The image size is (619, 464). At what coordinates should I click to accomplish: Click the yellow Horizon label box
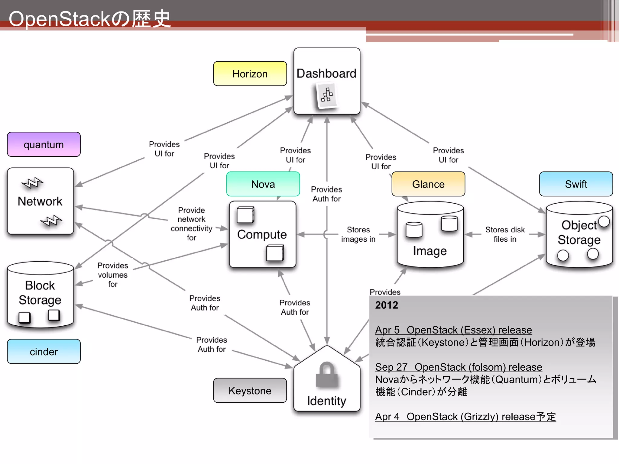pos(250,74)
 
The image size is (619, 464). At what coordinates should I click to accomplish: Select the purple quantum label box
pos(44,144)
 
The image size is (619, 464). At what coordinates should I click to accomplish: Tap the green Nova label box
pos(263,184)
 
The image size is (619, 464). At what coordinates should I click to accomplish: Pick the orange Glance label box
pos(428,184)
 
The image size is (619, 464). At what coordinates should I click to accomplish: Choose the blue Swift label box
pos(576,184)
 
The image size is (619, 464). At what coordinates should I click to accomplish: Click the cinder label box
pos(44,351)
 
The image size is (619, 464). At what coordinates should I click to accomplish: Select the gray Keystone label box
pos(250,390)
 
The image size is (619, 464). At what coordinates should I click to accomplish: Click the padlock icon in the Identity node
pos(326,375)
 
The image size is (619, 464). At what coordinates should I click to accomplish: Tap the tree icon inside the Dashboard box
pos(327,95)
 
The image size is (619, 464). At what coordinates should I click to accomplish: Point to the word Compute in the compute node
pos(262,234)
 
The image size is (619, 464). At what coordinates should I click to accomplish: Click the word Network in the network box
pos(40,201)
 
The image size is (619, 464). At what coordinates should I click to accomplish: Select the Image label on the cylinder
pos(429,251)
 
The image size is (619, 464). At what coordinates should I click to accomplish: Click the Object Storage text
pos(579,232)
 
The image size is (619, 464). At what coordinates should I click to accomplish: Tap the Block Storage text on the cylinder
pos(40,292)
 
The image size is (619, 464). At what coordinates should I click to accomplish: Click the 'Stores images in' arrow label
pos(358,234)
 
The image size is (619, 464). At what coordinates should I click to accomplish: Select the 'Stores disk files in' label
pos(505,234)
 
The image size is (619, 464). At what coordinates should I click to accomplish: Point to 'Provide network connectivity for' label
pos(191,224)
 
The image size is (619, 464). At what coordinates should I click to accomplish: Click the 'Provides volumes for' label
pos(112,275)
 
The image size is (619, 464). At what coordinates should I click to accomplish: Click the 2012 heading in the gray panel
pos(386,305)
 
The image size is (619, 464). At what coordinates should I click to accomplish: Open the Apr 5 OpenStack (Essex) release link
pos(453,330)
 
